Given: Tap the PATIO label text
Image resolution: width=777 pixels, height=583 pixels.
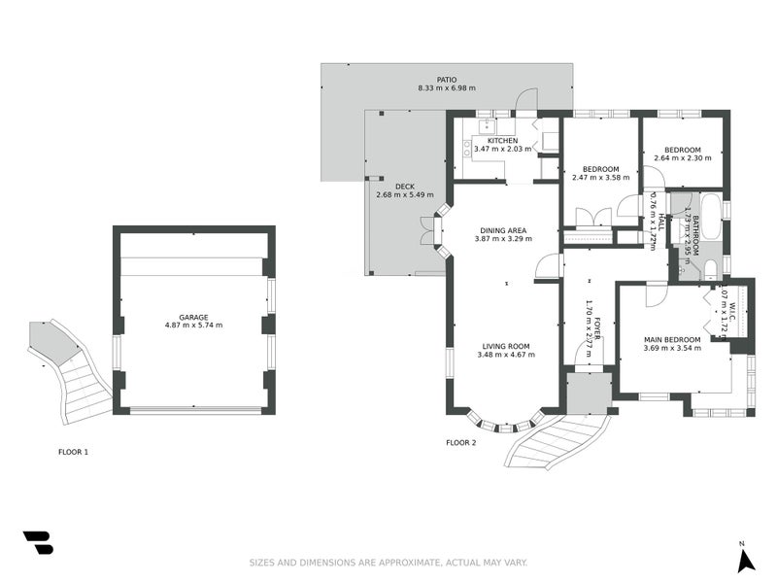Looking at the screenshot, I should tap(446, 80).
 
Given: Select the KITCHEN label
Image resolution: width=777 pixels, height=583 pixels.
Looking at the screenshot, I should tap(502, 140).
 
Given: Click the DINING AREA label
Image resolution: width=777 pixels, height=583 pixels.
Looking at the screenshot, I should tap(503, 229).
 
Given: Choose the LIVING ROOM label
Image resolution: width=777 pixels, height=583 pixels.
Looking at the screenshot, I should tap(503, 346).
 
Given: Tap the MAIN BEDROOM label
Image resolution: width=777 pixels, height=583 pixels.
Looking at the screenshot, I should tap(672, 339).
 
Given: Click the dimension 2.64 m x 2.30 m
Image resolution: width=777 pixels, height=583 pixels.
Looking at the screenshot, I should tap(682, 158).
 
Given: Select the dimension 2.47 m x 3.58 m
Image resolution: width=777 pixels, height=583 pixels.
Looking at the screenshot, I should tap(599, 178).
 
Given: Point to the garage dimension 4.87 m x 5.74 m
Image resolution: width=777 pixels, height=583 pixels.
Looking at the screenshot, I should tap(193, 325).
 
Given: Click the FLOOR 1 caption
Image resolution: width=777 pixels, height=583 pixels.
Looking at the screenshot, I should tap(73, 452).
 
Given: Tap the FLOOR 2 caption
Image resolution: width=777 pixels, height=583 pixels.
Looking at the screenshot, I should tap(461, 443).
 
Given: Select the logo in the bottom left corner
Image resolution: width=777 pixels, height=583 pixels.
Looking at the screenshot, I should tap(38, 542).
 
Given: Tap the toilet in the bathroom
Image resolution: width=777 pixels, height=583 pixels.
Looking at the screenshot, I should tap(710, 268).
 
